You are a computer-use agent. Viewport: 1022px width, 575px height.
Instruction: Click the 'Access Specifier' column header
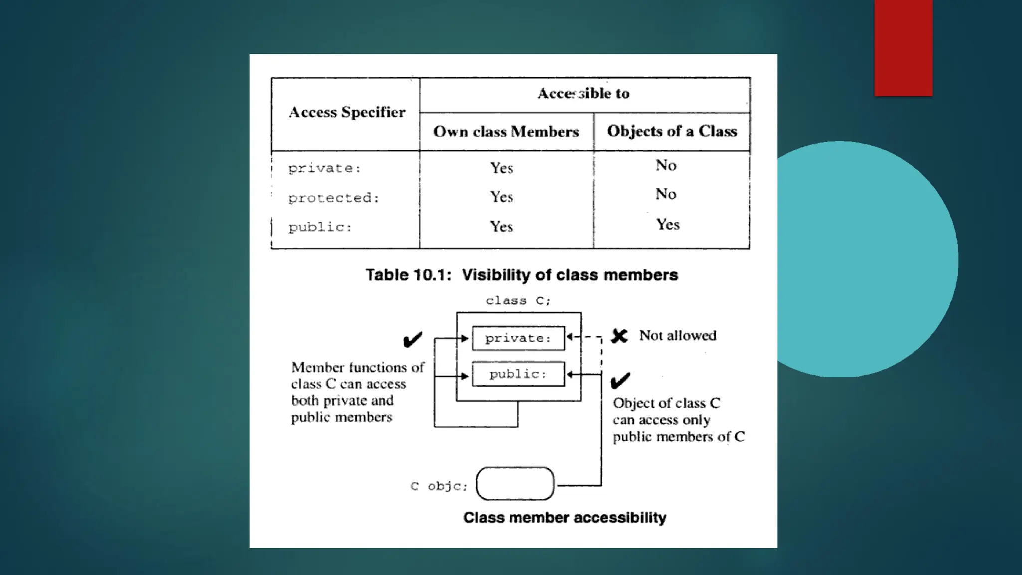pyautogui.click(x=347, y=112)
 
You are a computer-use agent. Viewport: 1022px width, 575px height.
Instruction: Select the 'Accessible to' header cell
pyautogui.click(x=583, y=94)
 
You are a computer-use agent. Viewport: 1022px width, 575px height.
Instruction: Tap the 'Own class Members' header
pyautogui.click(x=506, y=132)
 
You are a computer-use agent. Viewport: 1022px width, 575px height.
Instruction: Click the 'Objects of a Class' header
pyautogui.click(x=672, y=131)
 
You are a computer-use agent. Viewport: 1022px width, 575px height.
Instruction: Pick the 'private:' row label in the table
pyautogui.click(x=324, y=168)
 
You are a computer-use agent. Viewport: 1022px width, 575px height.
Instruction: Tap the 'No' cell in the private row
pyautogui.click(x=666, y=165)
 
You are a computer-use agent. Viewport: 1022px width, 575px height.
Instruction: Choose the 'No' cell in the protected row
pyautogui.click(x=666, y=194)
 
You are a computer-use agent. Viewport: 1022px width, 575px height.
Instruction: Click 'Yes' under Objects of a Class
pyautogui.click(x=667, y=224)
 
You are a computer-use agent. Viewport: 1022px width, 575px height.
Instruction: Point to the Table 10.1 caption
pyautogui.click(x=521, y=275)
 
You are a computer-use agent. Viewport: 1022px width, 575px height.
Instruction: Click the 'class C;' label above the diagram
pyautogui.click(x=518, y=301)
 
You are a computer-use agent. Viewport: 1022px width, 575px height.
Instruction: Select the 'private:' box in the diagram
pyautogui.click(x=518, y=338)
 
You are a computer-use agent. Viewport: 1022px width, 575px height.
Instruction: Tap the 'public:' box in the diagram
pyautogui.click(x=518, y=374)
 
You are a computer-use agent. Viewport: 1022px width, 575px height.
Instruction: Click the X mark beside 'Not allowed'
pyautogui.click(x=619, y=336)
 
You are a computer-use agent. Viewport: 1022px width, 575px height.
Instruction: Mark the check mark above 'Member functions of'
pyautogui.click(x=413, y=340)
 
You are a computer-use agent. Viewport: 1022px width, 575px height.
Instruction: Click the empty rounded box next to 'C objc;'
pyautogui.click(x=515, y=484)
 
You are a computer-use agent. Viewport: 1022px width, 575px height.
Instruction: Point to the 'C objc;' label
pyautogui.click(x=439, y=486)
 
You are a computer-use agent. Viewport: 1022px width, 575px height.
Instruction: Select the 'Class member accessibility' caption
pyautogui.click(x=564, y=518)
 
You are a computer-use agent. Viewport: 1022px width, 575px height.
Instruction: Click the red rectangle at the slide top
pyautogui.click(x=903, y=48)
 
